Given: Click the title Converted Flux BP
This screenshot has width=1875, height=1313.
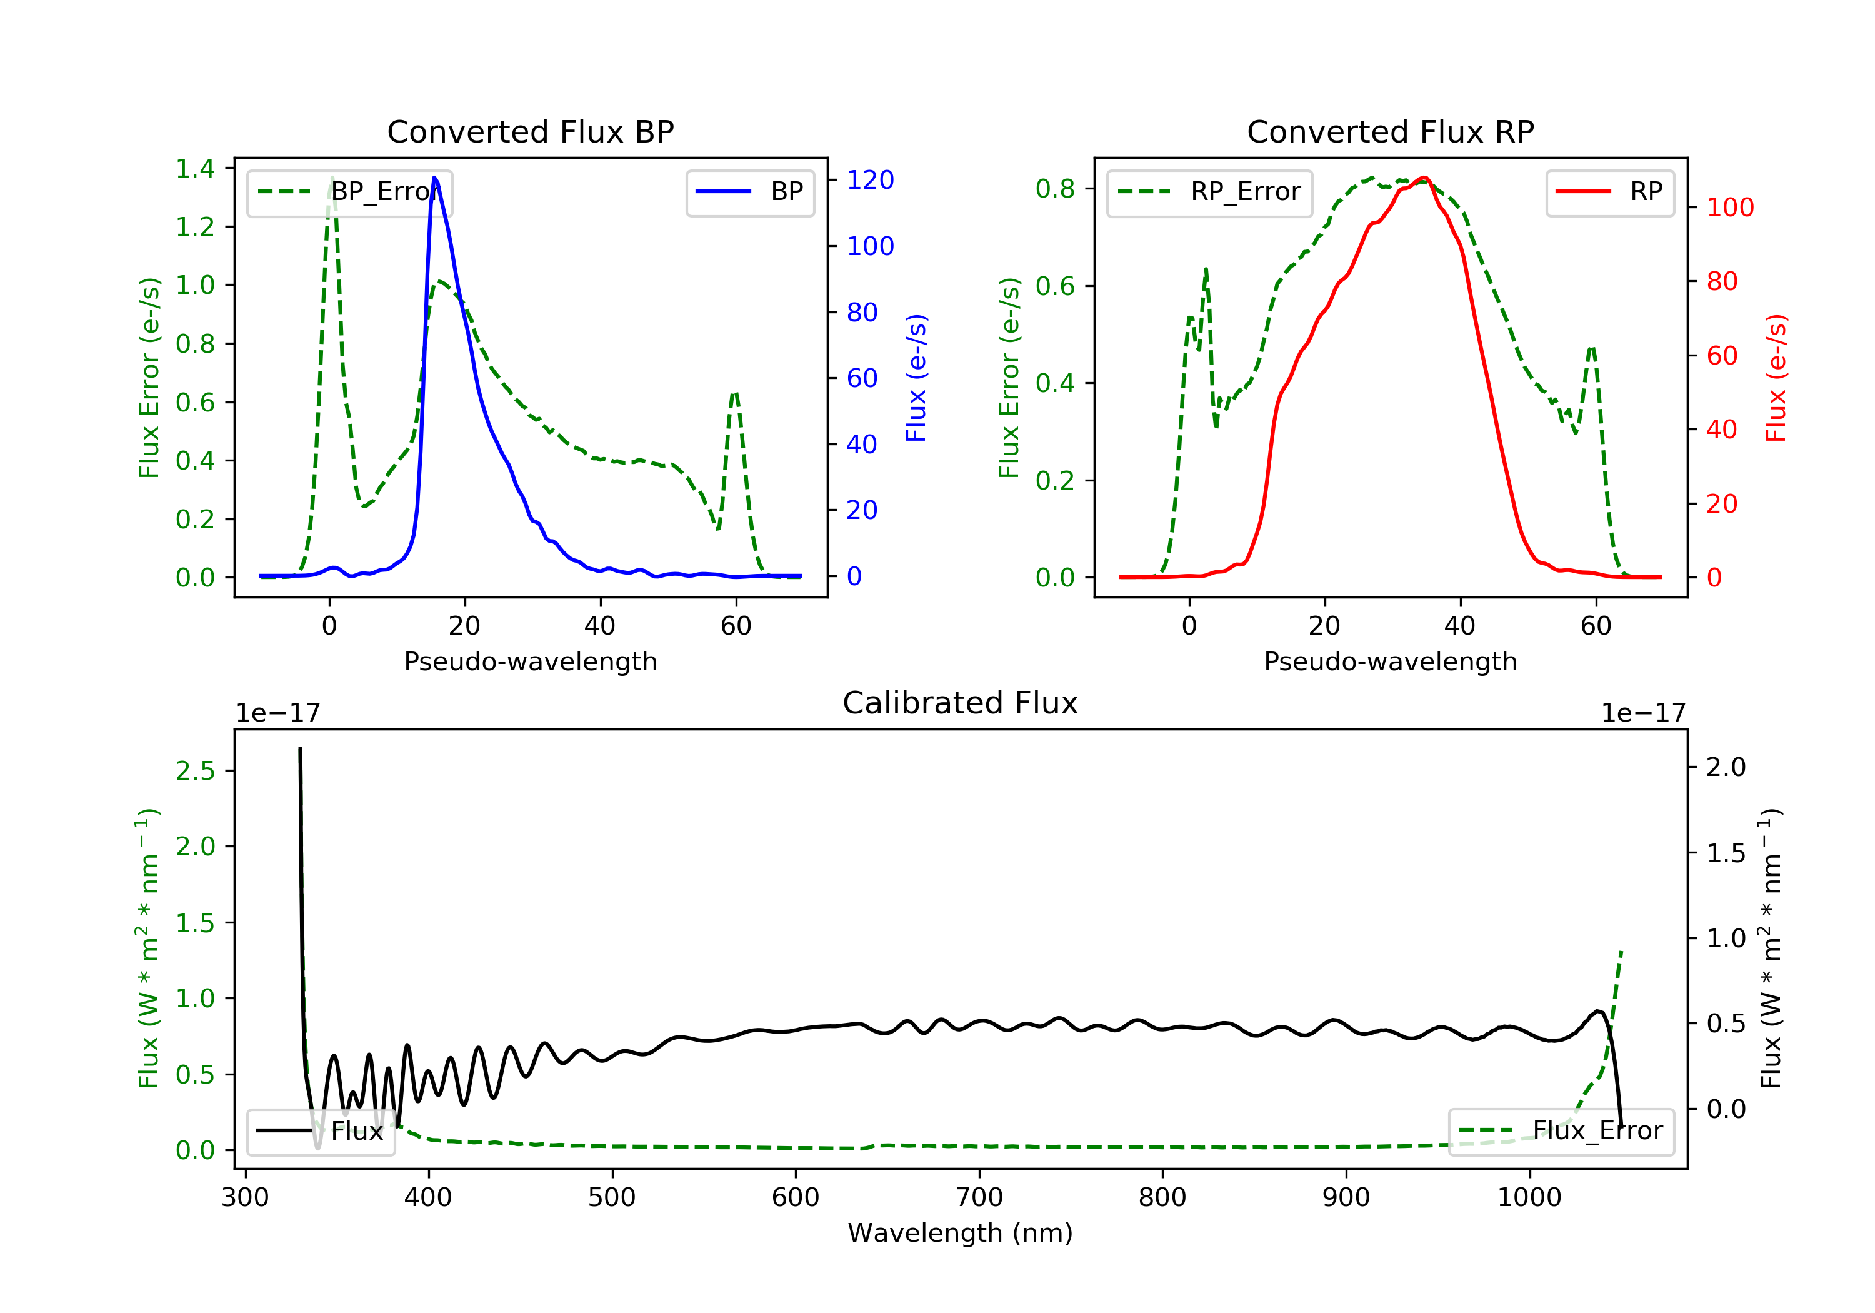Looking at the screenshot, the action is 531,131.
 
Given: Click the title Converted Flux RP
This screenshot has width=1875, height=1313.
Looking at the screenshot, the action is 1391,131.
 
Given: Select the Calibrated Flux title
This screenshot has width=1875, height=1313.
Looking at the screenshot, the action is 961,703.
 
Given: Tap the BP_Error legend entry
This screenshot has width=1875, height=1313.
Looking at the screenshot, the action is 349,192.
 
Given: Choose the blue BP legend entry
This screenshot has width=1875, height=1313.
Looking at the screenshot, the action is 749,192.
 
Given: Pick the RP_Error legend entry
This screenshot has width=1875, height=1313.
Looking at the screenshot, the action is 1209,192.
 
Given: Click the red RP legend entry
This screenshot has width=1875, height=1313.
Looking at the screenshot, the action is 1609,192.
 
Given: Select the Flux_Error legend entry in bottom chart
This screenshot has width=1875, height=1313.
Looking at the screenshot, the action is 1561,1131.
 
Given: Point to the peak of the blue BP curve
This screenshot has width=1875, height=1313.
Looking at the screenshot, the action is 434,178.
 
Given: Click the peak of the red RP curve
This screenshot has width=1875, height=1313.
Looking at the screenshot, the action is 1423,178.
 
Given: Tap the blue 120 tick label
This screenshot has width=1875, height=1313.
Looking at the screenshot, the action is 871,179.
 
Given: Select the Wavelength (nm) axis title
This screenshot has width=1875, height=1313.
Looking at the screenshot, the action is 961,1233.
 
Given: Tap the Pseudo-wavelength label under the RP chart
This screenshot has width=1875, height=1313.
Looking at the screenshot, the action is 1391,661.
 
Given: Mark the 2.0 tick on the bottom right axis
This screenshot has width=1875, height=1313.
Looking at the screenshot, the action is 1726,767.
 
